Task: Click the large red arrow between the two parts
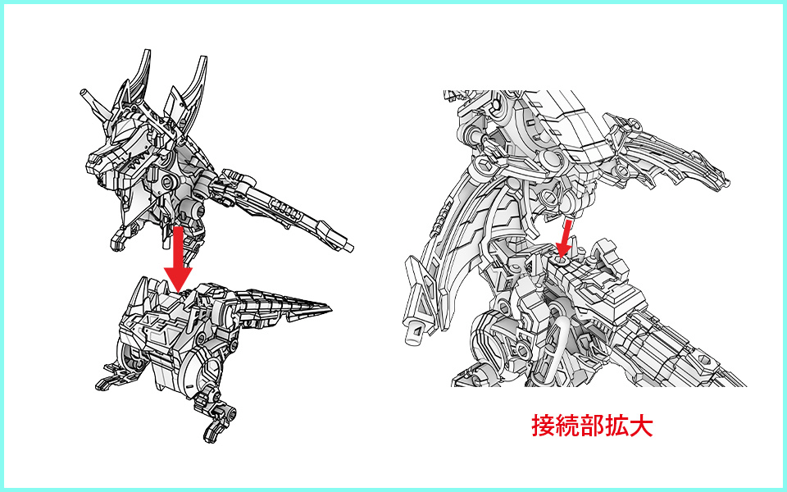click(x=178, y=258)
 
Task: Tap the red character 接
click(x=544, y=426)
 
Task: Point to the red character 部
click(x=592, y=426)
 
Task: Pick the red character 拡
click(x=616, y=426)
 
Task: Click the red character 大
click(x=641, y=426)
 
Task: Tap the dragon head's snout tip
click(x=93, y=162)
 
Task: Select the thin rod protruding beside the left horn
click(x=95, y=102)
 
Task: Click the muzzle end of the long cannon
click(x=349, y=247)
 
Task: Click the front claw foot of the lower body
click(x=109, y=380)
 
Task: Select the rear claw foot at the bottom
click(x=216, y=423)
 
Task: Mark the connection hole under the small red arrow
click(x=561, y=261)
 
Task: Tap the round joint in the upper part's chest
click(x=169, y=181)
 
